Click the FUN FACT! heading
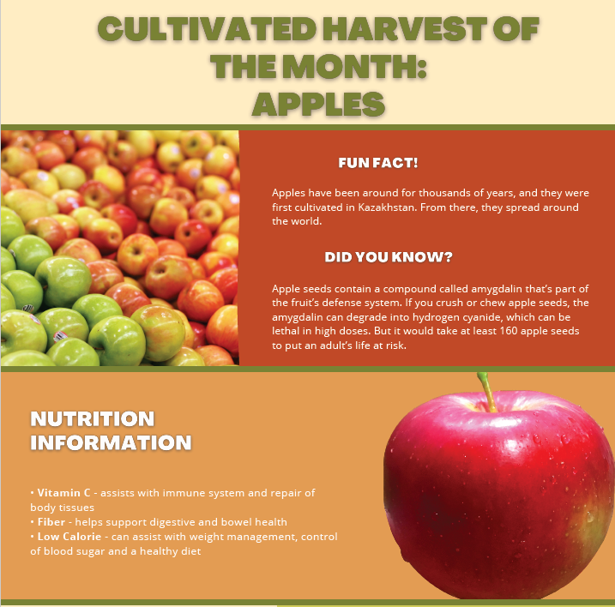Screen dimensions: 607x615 point(378,163)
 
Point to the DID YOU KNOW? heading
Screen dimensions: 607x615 point(389,256)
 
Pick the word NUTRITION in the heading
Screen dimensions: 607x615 point(93,419)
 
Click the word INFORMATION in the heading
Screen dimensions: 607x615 point(111,443)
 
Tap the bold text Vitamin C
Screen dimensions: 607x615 point(63,493)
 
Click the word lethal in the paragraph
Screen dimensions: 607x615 point(287,331)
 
